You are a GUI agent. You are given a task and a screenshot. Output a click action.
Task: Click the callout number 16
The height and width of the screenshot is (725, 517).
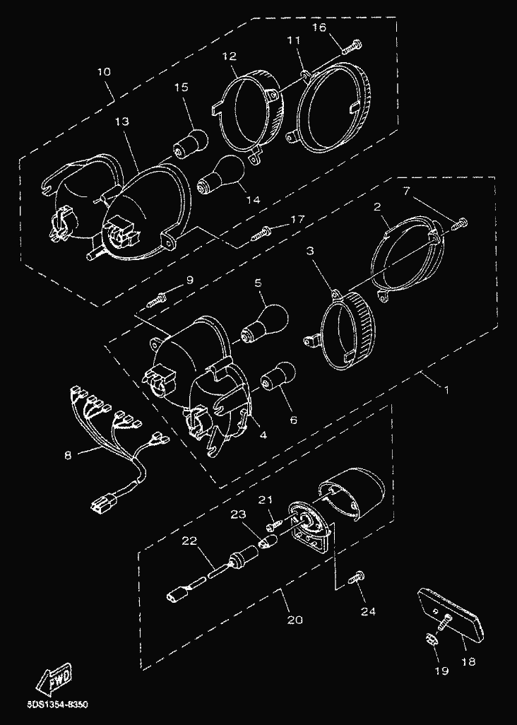click(x=319, y=28)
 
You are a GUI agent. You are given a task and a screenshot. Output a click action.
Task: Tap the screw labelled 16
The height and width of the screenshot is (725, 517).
click(x=352, y=47)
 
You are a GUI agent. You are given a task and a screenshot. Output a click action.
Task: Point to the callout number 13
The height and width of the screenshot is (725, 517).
click(x=122, y=122)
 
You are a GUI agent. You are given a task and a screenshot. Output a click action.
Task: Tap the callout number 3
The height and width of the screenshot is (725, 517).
click(x=311, y=252)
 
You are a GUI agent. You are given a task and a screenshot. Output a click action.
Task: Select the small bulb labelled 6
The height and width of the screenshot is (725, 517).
click(x=278, y=377)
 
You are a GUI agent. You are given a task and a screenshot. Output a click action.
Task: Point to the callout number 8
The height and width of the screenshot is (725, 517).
click(x=68, y=456)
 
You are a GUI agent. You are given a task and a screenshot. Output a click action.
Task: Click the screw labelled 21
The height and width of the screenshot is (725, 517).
click(x=275, y=526)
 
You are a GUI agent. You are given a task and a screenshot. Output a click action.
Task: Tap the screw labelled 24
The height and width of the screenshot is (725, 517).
click(x=356, y=578)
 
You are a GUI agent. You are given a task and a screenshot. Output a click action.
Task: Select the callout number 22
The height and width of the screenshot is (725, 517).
click(x=189, y=541)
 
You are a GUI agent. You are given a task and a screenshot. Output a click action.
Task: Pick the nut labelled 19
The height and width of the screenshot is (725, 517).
click(x=429, y=640)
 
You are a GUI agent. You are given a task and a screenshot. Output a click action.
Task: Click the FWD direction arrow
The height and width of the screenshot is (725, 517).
click(x=54, y=679)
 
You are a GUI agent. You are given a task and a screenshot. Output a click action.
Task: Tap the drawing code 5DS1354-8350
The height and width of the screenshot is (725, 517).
click(x=57, y=705)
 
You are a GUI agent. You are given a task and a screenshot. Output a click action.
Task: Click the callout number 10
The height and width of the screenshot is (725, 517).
click(x=104, y=72)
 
